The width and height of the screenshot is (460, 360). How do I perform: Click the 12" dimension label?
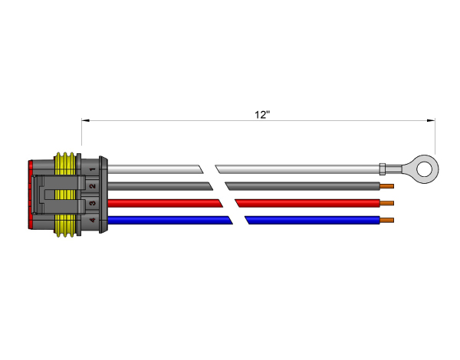pyautogui.click(x=262, y=115)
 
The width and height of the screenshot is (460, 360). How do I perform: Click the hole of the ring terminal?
pyautogui.click(x=424, y=169)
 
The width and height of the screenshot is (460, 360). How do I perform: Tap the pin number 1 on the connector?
pyautogui.click(x=93, y=169)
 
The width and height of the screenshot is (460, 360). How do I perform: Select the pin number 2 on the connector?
pyautogui.click(x=93, y=186)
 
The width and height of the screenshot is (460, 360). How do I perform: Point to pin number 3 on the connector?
pyautogui.click(x=93, y=203)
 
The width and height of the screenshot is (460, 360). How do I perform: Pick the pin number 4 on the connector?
pyautogui.click(x=93, y=220)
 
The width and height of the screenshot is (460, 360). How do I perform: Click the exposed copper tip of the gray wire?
pyautogui.click(x=387, y=186)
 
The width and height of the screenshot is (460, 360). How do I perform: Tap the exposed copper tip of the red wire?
pyautogui.click(x=387, y=203)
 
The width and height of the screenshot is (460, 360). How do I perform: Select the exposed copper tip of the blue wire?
pyautogui.click(x=387, y=220)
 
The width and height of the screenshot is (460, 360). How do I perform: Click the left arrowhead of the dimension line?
pyautogui.click(x=85, y=120)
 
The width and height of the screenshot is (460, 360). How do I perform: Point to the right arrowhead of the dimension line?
pyautogui.click(x=431, y=120)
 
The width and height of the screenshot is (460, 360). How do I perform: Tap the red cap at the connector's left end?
pyautogui.click(x=30, y=195)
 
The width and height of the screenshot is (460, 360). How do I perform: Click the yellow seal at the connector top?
pyautogui.click(x=65, y=163)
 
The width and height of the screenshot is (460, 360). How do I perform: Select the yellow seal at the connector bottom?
pyautogui.click(x=65, y=225)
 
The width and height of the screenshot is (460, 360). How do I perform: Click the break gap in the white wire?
pyautogui.click(x=209, y=169)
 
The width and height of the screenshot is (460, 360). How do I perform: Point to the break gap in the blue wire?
pyautogui.click(x=238, y=220)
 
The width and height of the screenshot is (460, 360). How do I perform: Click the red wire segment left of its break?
pyautogui.click(x=165, y=203)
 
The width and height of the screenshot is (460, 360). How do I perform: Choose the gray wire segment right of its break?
pyautogui.click(x=303, y=186)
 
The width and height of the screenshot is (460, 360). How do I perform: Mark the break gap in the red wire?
pyautogui.click(x=228, y=203)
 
